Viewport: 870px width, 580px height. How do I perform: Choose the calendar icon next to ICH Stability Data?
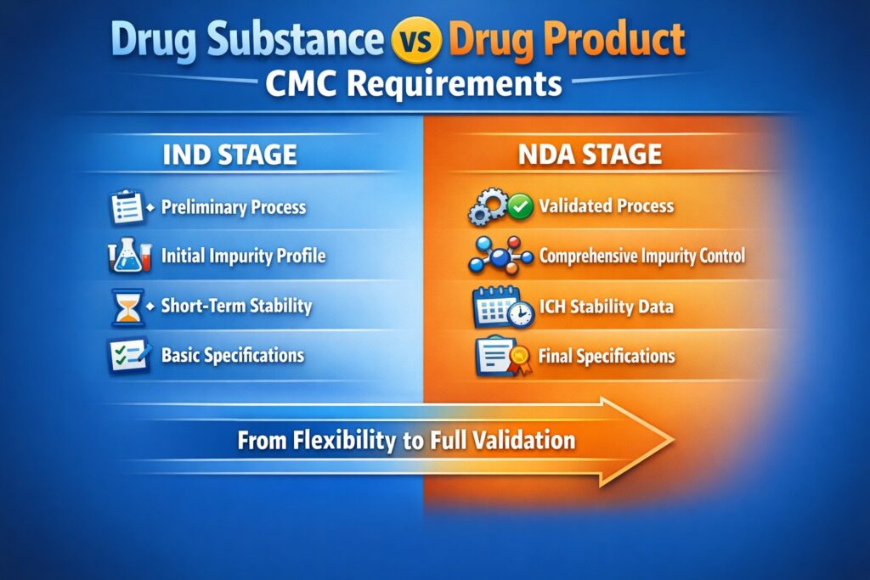pos(502,307)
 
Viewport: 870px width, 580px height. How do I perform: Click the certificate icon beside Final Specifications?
pos(501,357)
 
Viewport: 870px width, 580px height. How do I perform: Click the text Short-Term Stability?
pos(236,306)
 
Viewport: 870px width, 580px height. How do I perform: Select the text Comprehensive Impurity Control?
pos(641,256)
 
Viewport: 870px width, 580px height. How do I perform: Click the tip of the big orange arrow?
pos(671,440)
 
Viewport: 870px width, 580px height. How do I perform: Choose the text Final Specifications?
pos(607,356)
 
